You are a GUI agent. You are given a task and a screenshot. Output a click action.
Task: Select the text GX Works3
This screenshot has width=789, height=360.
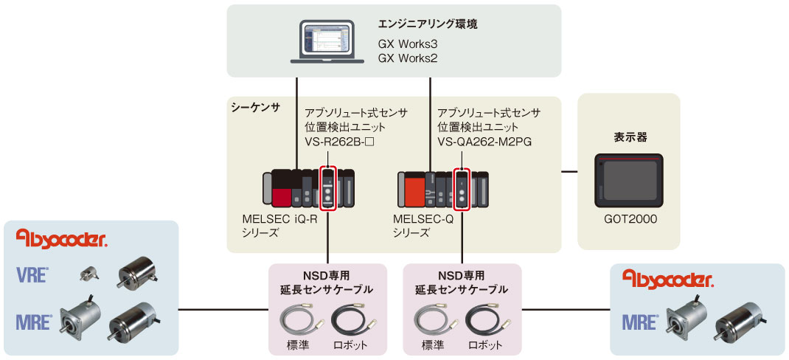(408, 44)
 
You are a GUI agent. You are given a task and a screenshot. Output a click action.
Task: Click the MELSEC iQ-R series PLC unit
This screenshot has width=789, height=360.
(309, 188)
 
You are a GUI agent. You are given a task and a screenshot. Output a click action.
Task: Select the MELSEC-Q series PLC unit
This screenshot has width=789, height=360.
(442, 190)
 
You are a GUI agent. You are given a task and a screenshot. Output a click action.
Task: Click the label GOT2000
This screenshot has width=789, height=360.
(628, 219)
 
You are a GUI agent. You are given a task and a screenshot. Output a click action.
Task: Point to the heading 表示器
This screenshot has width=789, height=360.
(630, 136)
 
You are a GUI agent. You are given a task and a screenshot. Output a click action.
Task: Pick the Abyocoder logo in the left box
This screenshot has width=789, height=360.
(62, 238)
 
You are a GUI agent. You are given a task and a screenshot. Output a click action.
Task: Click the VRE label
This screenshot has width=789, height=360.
(33, 276)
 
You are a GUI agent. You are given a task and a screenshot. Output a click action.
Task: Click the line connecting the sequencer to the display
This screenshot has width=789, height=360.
(569, 173)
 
